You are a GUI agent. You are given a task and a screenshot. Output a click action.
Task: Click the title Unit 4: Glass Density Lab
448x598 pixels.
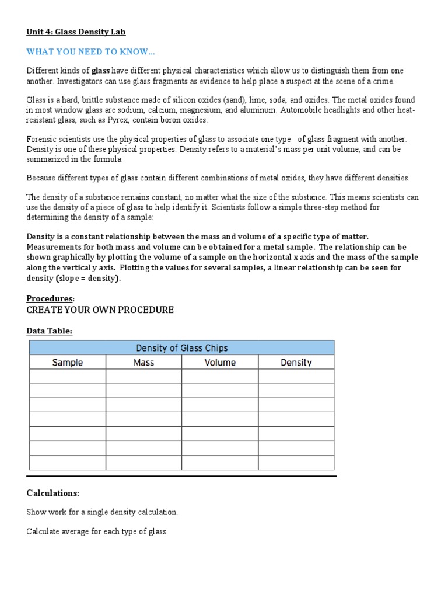[x=76, y=32]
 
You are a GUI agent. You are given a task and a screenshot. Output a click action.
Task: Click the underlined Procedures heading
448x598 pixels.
[x=50, y=298]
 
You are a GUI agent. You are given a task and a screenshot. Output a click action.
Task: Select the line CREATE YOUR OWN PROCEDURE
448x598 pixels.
[x=100, y=310]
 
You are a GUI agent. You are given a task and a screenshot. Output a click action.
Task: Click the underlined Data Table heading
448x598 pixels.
[x=50, y=331]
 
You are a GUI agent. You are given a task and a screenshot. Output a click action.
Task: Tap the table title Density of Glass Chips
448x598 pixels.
[x=182, y=348]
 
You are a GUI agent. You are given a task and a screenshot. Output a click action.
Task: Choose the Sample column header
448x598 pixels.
[x=68, y=363]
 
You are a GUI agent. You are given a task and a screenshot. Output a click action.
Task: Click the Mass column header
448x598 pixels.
[x=143, y=363]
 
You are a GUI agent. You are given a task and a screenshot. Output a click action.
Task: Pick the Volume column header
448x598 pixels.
[x=220, y=363]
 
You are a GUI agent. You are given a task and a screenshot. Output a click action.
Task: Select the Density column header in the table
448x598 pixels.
[x=296, y=363]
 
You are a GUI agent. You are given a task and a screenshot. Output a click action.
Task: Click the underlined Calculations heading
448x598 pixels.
[x=52, y=493]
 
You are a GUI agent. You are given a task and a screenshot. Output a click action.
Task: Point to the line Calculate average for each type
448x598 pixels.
[x=96, y=531]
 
